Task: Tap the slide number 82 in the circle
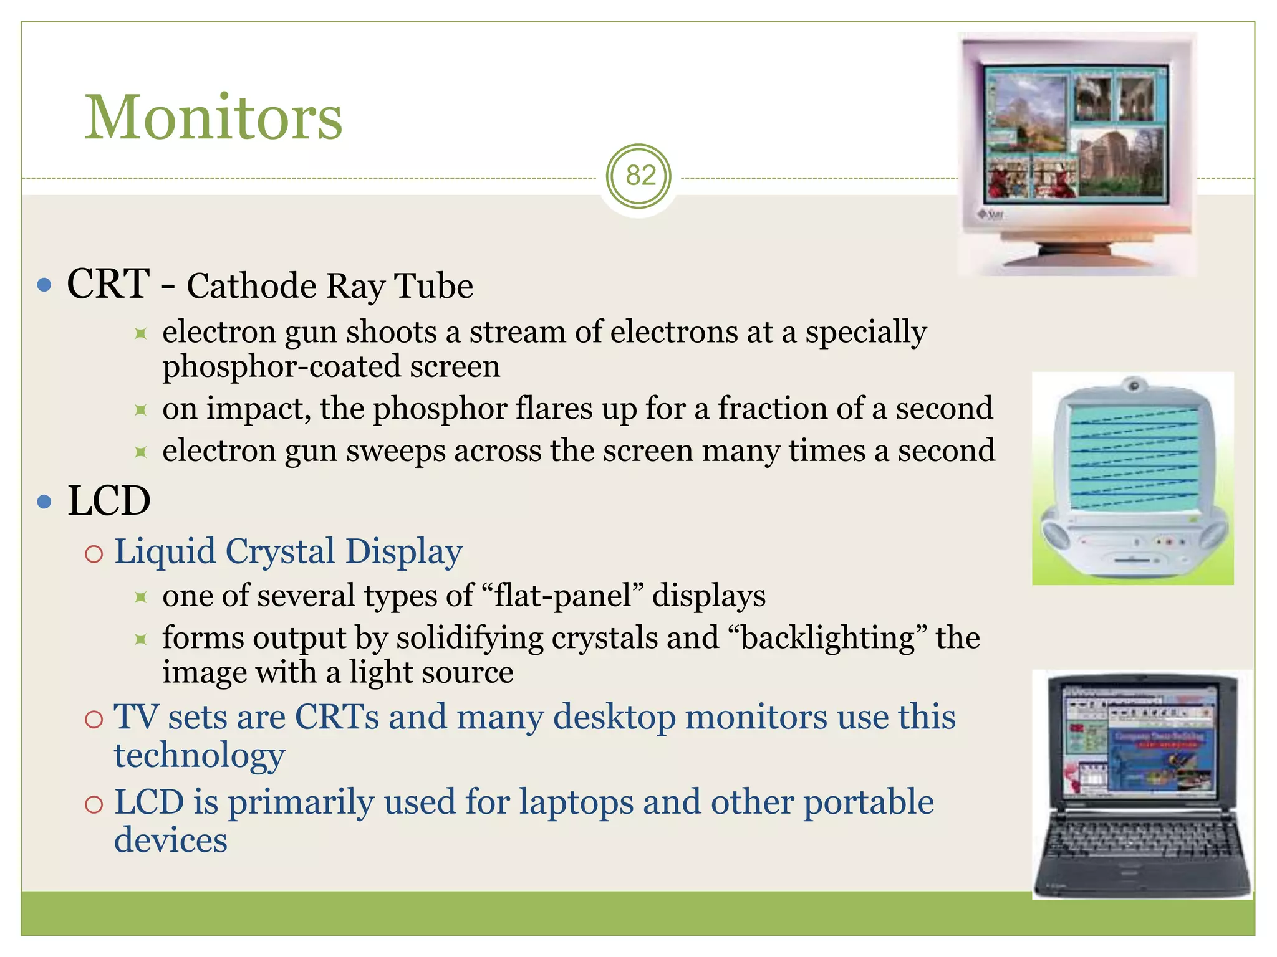click(640, 176)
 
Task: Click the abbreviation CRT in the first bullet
click(108, 284)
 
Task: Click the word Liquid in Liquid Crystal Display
click(165, 552)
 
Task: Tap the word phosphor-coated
click(281, 366)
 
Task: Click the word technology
click(199, 756)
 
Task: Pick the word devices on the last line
click(170, 840)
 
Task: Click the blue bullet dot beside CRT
click(44, 285)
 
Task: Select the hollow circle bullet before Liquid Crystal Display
click(94, 554)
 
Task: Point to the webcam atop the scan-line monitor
click(1134, 386)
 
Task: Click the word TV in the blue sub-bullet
click(135, 717)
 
